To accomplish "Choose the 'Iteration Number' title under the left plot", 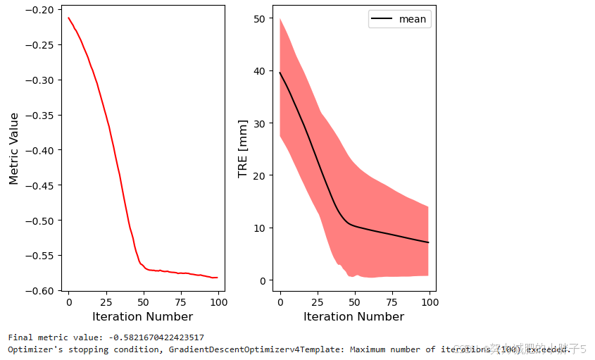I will coord(142,316).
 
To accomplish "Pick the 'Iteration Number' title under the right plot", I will coord(353,316).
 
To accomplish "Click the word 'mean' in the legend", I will coord(412,19).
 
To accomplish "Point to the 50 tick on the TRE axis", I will coord(259,18).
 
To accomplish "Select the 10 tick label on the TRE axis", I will coord(259,228).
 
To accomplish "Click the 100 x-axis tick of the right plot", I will coord(430,302).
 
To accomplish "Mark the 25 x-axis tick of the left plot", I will coord(106,302).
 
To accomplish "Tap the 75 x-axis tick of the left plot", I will coord(181,302).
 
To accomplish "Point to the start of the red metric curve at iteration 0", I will coord(68,18).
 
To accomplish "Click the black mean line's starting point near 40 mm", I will coord(280,73).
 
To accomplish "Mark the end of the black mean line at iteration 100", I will coord(428,242).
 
